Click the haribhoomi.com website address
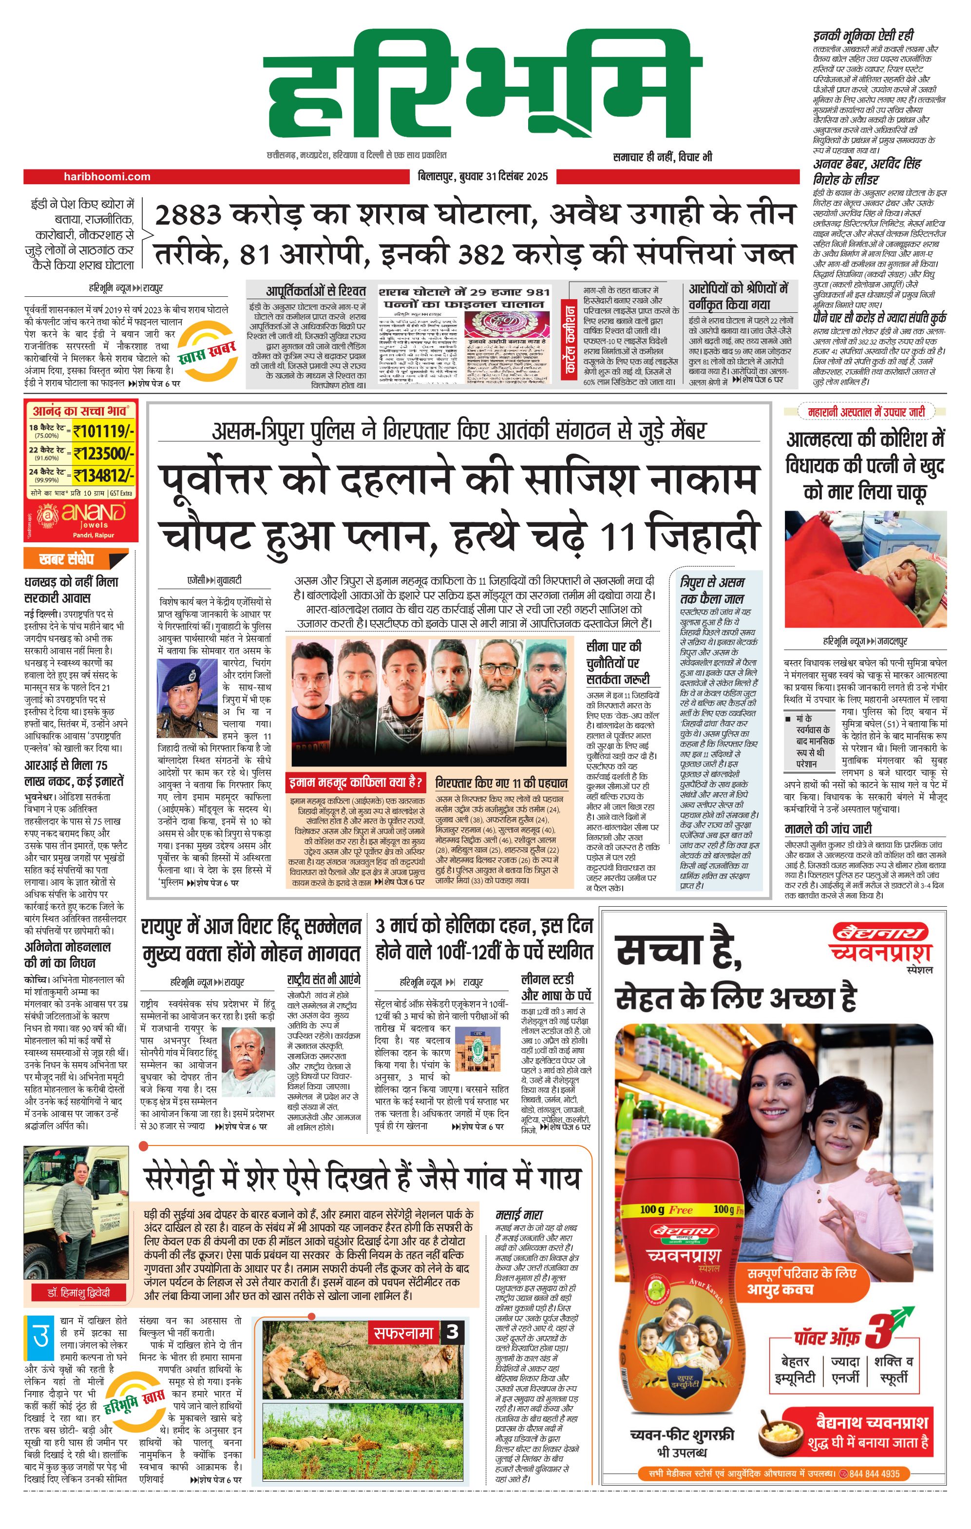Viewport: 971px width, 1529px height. pos(107,176)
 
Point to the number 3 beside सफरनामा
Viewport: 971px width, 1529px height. pos(452,1332)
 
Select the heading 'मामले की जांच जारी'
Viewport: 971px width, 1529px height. pos(827,829)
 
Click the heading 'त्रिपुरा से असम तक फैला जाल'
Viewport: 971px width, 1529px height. pos(711,590)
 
